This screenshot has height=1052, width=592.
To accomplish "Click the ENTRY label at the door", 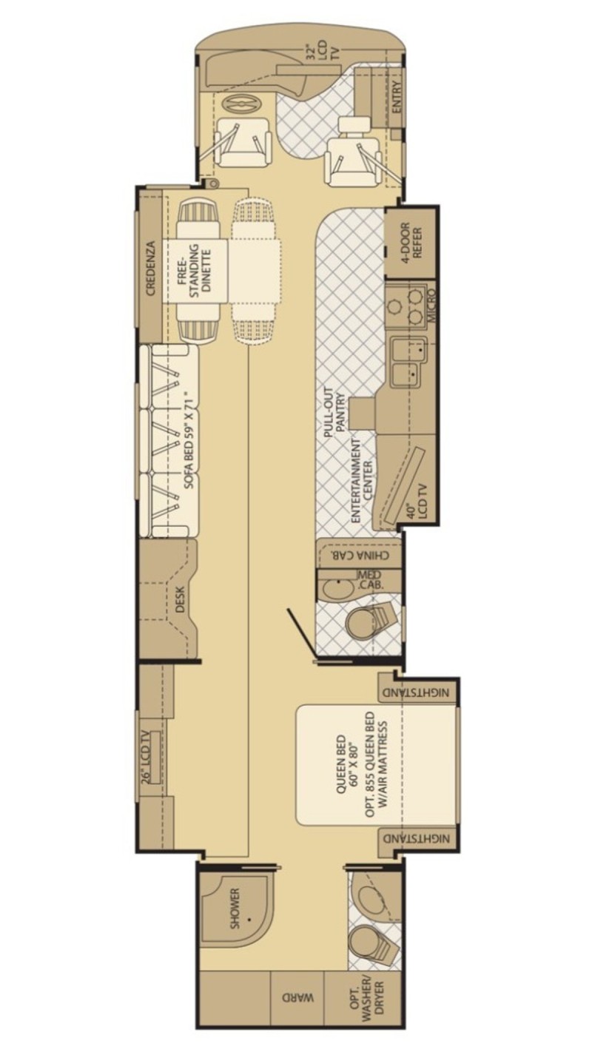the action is (397, 97).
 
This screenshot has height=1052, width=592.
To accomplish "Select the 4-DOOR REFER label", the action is (411, 240).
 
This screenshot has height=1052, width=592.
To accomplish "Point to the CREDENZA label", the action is (150, 268).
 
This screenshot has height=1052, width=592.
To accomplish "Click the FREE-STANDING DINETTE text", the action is (194, 268).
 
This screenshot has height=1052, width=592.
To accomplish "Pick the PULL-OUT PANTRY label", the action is (334, 412).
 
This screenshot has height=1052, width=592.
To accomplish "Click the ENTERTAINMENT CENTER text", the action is (361, 481).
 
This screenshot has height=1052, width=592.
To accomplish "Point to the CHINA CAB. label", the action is (360, 556).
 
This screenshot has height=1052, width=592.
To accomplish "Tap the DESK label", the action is (181, 599).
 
